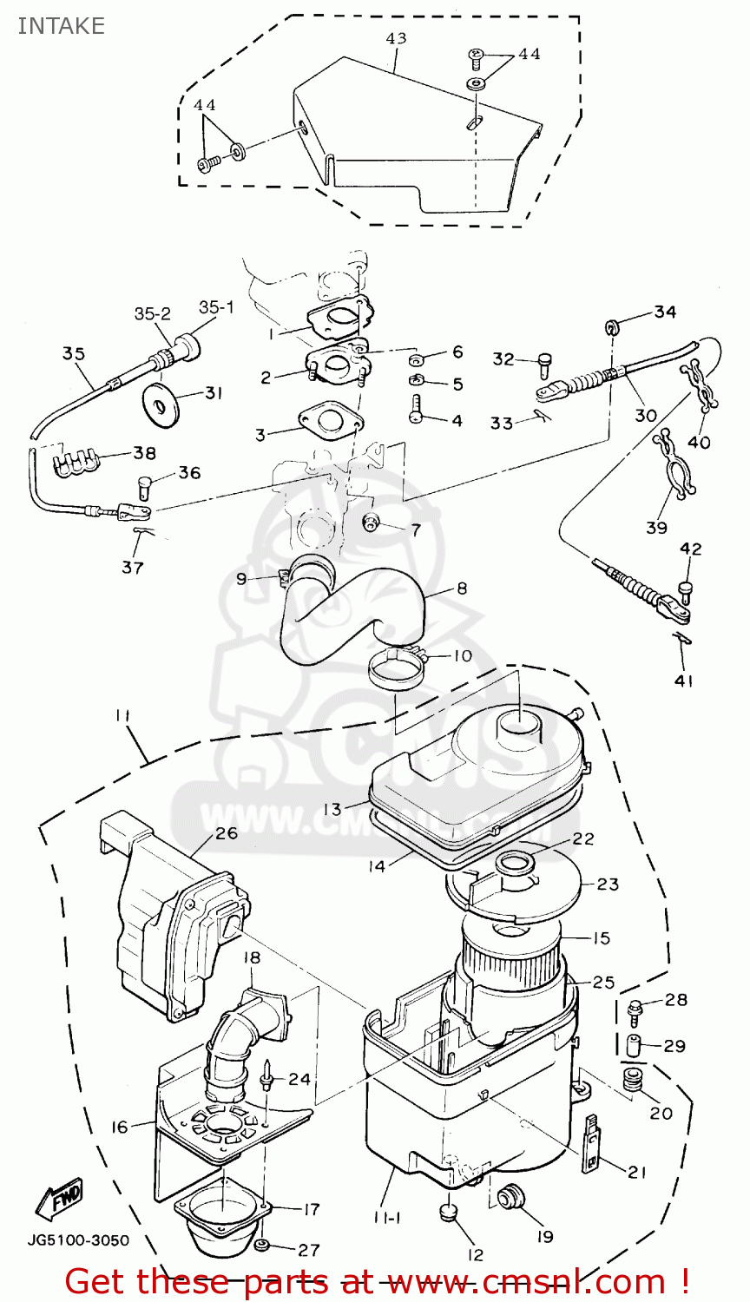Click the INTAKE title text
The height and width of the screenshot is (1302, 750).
61,26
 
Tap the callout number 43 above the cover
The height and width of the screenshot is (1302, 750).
396,38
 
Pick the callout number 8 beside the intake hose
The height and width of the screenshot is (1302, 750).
462,589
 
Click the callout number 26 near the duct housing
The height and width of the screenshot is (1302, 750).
227,834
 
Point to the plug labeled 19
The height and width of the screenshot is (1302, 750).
506,1198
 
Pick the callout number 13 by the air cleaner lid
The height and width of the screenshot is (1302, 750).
332,809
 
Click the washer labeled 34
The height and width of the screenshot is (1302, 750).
611,326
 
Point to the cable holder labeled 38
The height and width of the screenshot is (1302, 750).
75,464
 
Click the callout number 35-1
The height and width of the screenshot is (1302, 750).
216,307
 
